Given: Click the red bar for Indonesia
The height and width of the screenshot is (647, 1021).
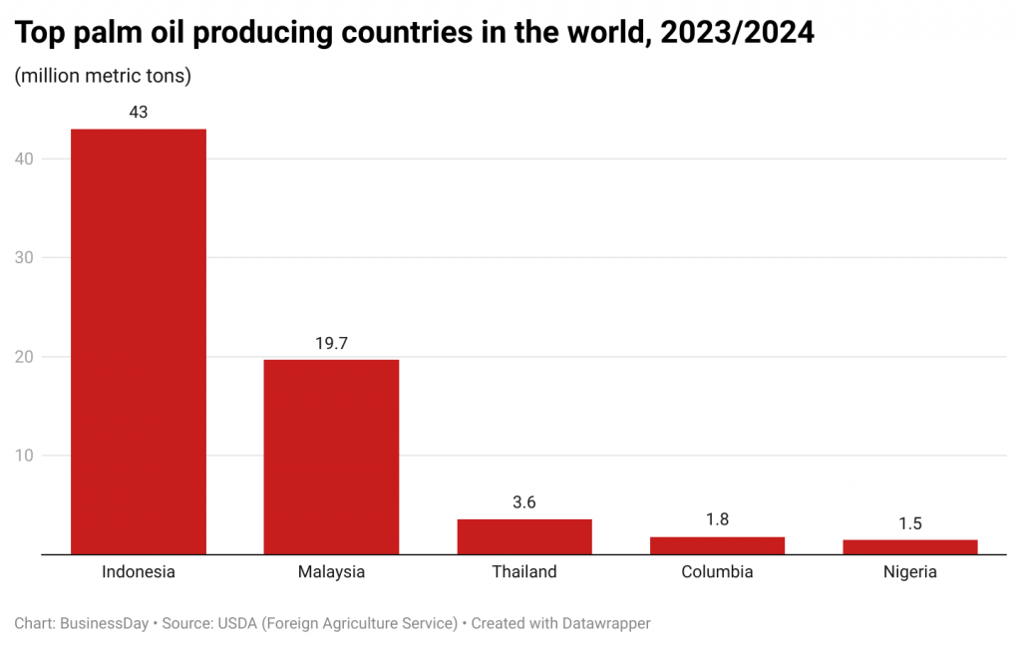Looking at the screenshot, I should [x=138, y=341].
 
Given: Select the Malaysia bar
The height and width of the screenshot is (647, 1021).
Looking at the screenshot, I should [x=331, y=456].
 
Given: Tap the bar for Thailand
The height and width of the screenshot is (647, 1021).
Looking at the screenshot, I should [x=524, y=536].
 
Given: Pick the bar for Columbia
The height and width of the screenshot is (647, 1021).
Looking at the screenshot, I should [x=717, y=545].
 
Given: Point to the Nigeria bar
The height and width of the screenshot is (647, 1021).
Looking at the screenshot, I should [x=909, y=546].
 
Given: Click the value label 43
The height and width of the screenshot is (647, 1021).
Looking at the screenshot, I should [x=138, y=113].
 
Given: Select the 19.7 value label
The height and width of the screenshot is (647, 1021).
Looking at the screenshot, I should [x=331, y=343].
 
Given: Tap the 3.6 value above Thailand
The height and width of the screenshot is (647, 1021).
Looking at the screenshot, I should [x=524, y=502].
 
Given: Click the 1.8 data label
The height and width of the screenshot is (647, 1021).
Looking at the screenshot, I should [x=717, y=520].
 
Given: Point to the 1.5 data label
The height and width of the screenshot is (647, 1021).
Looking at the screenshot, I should [x=909, y=523].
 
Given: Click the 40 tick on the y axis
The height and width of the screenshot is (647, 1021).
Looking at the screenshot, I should [x=25, y=159].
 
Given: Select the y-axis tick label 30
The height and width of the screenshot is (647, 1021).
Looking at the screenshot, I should [x=25, y=257].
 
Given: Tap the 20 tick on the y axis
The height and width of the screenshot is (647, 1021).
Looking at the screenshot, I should [x=25, y=357].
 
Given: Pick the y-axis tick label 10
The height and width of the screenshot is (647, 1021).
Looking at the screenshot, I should [x=25, y=456].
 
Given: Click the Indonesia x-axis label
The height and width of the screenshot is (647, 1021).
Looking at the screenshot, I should [x=138, y=572].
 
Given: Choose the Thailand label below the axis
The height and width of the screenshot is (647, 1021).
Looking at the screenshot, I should [x=524, y=572].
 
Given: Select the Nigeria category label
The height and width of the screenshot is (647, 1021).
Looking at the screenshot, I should [x=909, y=572].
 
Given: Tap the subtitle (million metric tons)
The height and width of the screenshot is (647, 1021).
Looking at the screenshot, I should [x=103, y=76].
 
